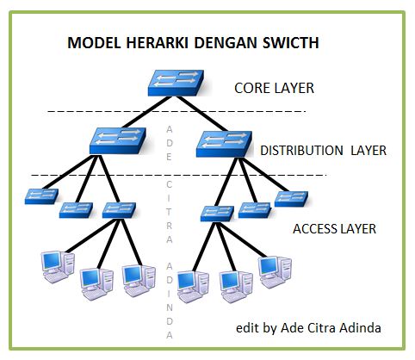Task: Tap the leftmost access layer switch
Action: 41,196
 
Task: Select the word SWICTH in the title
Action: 289,42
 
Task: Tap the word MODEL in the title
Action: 91,42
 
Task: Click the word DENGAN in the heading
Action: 220,42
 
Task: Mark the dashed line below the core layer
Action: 86,111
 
